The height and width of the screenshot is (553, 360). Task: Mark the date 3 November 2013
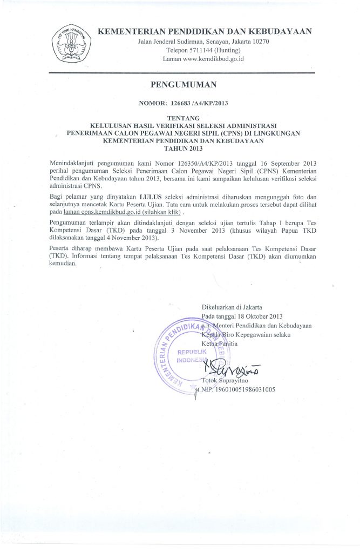199,230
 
